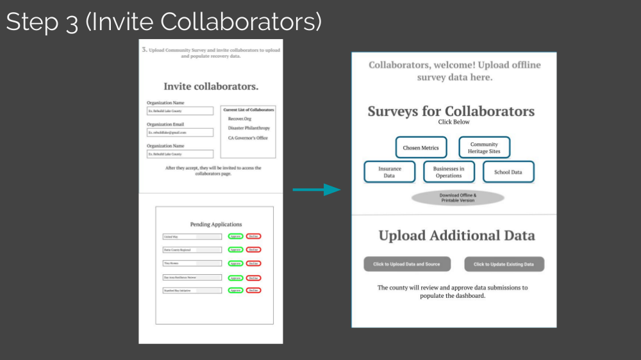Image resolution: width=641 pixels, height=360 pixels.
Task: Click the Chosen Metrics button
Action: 420,148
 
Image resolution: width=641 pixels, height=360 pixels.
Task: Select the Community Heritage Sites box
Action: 484,148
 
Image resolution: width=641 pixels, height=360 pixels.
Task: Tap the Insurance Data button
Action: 389,172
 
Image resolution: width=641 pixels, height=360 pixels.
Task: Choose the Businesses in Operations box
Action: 449,172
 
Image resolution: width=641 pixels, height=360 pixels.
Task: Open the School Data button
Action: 508,172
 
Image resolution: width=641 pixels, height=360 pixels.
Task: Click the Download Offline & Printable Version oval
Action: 458,197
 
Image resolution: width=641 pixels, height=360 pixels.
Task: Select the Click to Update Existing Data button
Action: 503,264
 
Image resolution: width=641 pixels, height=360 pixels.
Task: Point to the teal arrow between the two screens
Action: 315,190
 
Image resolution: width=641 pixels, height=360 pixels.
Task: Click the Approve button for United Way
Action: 235,236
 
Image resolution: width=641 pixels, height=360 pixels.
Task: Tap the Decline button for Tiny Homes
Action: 253,263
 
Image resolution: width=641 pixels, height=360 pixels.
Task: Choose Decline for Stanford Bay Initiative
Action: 253,291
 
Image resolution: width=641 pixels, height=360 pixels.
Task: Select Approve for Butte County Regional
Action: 235,250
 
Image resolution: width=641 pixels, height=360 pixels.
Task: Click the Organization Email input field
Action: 180,133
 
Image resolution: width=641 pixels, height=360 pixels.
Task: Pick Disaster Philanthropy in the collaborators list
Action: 249,128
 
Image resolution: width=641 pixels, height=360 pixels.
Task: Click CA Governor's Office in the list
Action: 248,138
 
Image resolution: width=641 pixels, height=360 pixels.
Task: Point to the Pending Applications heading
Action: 216,224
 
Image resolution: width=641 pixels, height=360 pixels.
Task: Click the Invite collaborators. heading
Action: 211,86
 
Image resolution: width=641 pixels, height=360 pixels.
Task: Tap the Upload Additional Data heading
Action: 456,236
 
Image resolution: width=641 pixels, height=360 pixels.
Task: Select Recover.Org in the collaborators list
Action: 240,119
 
